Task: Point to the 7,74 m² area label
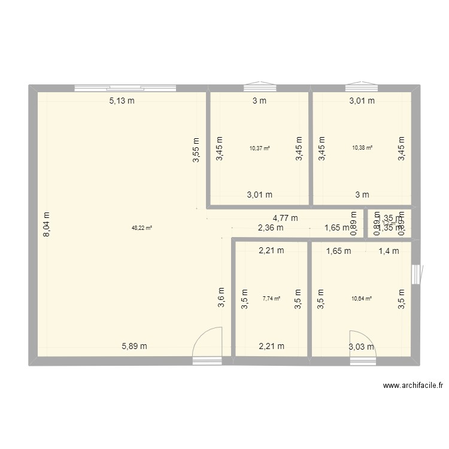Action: [x=271, y=298]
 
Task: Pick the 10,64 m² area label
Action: [x=362, y=298]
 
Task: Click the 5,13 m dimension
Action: [x=122, y=101]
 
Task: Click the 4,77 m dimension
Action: [x=285, y=218]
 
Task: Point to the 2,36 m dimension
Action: [x=271, y=227]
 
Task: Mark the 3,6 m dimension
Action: [x=221, y=298]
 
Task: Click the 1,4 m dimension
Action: [x=389, y=251]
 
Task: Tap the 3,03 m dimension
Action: [x=361, y=346]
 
